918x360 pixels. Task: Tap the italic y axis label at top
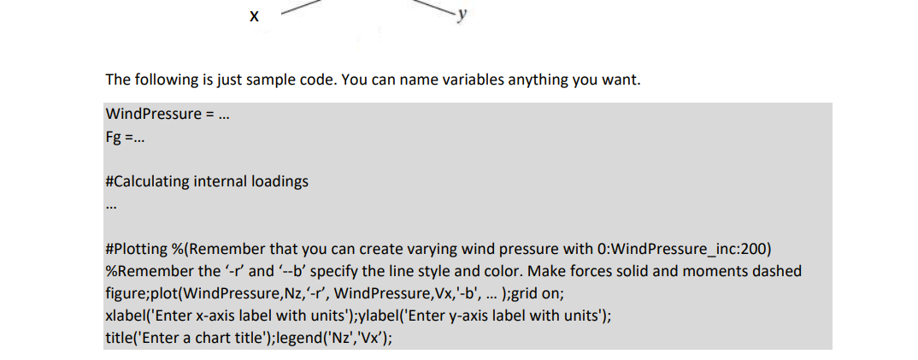pyautogui.click(x=462, y=14)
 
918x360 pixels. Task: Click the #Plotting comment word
pyautogui.click(x=137, y=249)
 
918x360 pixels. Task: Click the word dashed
pyautogui.click(x=776, y=271)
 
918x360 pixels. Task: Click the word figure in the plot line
pyautogui.click(x=124, y=293)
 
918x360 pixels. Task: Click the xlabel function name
pyautogui.click(x=124, y=315)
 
